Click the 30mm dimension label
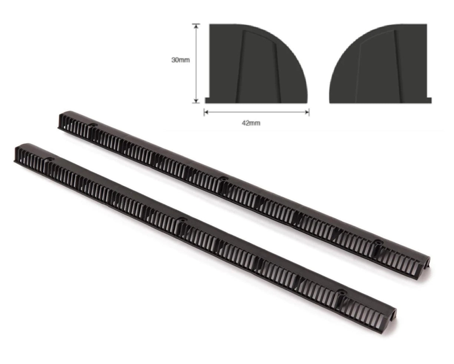pos(181,60)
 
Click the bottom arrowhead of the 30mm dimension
pos(196,101)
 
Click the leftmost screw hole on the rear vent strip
pos(92,126)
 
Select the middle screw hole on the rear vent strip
pos(223,179)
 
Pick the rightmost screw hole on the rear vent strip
pos(377,242)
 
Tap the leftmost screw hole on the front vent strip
pos(49,159)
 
